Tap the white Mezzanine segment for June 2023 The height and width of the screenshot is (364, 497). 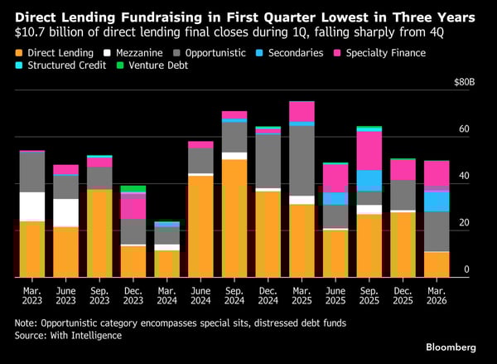pyautogui.click(x=65, y=212)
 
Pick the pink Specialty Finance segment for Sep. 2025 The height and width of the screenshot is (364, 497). pyautogui.click(x=369, y=151)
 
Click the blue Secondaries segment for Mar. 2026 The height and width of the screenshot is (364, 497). pyautogui.click(x=437, y=201)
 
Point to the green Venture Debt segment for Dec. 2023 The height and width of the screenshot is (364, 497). pyautogui.click(x=133, y=189)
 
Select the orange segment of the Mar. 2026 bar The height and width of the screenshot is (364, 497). pyautogui.click(x=437, y=264)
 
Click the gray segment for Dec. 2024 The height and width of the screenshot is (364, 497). pyautogui.click(x=268, y=161)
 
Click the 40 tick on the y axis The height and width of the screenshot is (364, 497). pyautogui.click(x=465, y=177)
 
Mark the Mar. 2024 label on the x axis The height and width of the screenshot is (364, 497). pyautogui.click(x=166, y=295)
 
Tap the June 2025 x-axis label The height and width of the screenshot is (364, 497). pyautogui.click(x=335, y=295)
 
